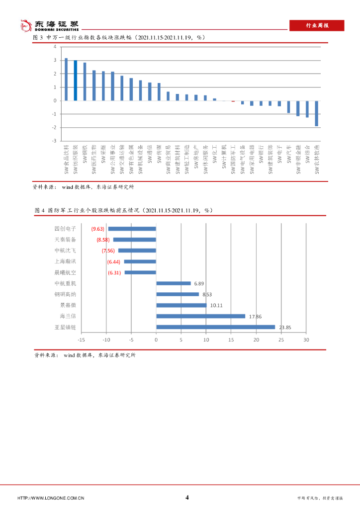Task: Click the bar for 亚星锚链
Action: (215, 327)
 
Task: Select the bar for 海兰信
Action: (200, 316)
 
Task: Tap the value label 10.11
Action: (216, 305)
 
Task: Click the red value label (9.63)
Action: (97, 229)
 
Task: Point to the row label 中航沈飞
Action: (65, 251)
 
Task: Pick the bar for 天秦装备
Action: (134, 240)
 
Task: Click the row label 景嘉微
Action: (68, 305)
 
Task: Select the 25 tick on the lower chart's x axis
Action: (281, 340)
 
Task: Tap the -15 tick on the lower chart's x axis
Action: (81, 340)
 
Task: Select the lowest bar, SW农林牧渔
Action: (316, 113)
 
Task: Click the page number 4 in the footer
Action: (187, 497)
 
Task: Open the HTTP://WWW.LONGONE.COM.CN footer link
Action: (50, 498)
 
